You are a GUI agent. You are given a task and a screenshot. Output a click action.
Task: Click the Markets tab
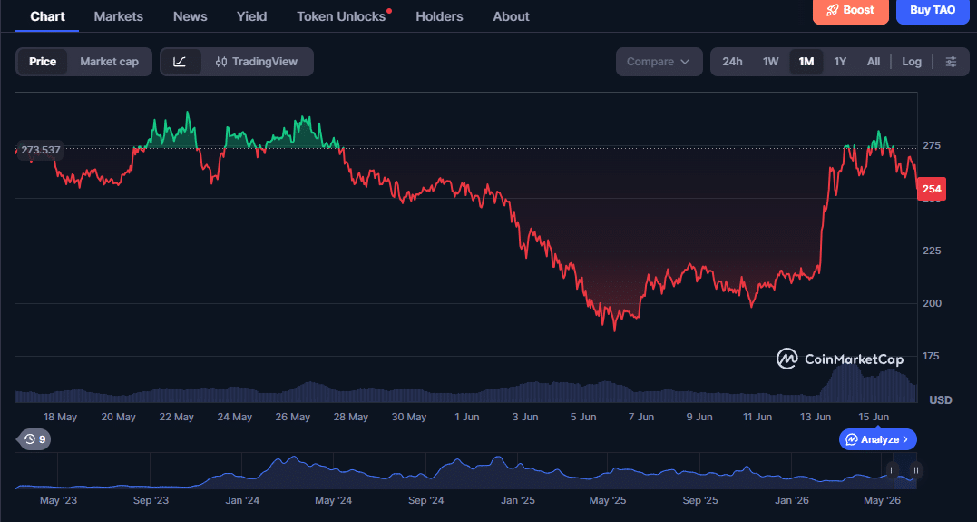[x=119, y=17]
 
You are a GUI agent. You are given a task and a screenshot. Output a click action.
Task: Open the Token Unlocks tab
[x=341, y=17]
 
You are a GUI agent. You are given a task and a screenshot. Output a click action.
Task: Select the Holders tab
[x=439, y=17]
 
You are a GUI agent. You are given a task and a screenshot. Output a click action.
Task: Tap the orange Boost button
[x=851, y=11]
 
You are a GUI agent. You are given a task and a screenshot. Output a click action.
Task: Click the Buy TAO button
[x=933, y=11]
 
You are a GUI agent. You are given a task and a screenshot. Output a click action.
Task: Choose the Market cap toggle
[x=109, y=62]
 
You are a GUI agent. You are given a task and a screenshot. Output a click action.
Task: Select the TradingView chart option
[x=257, y=62]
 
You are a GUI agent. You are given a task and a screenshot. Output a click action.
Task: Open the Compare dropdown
[x=659, y=62]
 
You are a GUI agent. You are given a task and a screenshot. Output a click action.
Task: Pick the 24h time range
[x=732, y=62]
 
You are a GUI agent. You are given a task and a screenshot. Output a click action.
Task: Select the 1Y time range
[x=840, y=62]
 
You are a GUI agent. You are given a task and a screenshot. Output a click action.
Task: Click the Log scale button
[x=912, y=62]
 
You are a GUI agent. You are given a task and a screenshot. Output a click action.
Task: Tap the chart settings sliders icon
[x=951, y=62]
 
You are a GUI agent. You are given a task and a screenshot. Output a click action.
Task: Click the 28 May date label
[x=350, y=417]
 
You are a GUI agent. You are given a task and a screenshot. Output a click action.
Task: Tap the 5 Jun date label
[x=583, y=417]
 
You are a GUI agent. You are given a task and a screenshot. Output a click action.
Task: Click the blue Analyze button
[x=878, y=439]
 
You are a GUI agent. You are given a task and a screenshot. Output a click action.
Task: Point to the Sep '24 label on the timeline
[x=426, y=500]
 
